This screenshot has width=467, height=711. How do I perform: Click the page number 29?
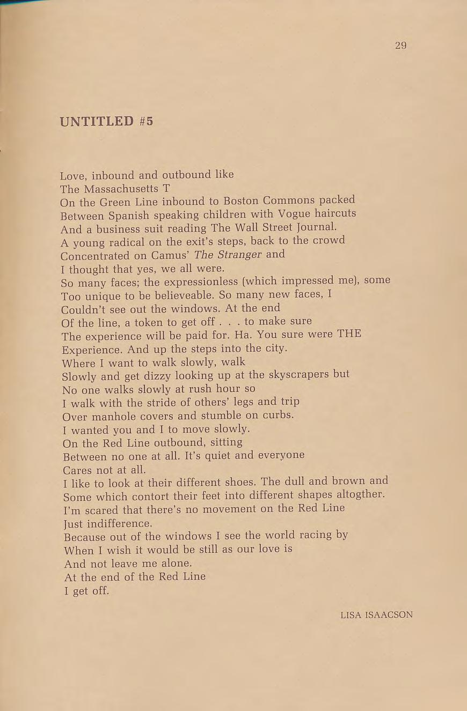point(400,46)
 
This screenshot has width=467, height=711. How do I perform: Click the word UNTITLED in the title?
point(97,121)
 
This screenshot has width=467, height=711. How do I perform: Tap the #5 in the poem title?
point(146,121)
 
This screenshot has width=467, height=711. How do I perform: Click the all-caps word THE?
point(349,334)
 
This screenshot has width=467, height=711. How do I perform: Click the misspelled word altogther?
point(356,494)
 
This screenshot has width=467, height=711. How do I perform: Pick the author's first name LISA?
point(351,615)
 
